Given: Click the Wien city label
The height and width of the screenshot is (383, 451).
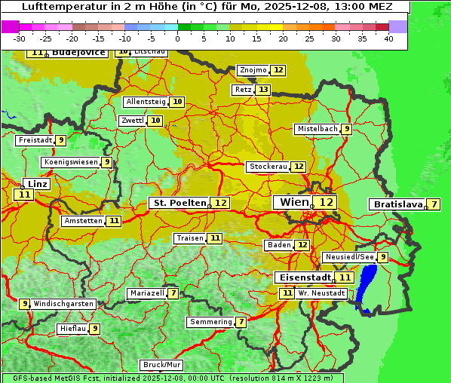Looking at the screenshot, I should pos(293,202).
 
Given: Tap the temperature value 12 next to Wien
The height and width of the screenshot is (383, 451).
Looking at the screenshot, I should pos(326,202).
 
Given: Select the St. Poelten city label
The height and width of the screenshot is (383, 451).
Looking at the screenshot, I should pos(179,203).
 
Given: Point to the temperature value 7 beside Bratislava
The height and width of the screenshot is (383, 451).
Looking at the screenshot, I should pos(434,204).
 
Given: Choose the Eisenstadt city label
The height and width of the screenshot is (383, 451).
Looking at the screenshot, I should pos(302,277).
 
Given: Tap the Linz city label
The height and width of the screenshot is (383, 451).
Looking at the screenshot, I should pos(38,184).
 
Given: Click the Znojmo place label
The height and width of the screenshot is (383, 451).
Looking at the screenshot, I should pos(253,70).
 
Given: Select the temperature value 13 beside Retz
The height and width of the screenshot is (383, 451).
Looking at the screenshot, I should pos(262,90).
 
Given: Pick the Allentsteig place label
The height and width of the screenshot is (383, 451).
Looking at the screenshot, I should pos(146,102).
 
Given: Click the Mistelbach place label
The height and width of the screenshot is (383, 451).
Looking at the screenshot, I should pos(317,129).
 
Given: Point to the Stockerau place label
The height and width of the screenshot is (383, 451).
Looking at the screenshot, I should pos(268,167).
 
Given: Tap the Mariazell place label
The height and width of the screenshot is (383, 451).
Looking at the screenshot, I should pos(146,293).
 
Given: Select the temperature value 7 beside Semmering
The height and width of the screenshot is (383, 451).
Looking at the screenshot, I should pos(241,322).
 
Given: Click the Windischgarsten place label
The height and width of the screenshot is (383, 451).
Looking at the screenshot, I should pos(64,304).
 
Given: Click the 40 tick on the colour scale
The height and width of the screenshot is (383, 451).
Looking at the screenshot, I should pos(388,38).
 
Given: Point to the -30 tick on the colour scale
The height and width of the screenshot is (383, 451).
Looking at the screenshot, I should pos(20,38).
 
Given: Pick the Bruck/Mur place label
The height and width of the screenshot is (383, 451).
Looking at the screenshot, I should pos(161,365).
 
